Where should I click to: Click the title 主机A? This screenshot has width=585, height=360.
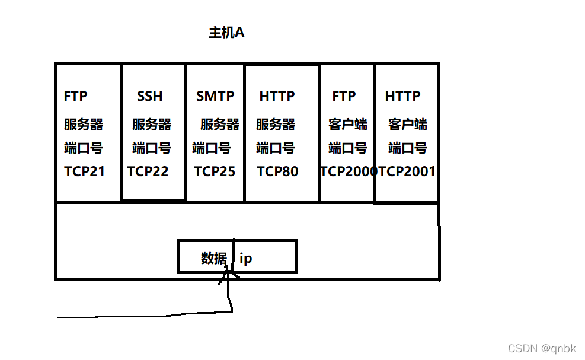226,33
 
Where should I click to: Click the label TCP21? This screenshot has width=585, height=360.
84,172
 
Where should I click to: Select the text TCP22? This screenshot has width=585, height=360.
148,172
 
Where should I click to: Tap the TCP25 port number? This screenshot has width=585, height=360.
215,172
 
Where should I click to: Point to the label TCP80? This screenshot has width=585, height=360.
277,172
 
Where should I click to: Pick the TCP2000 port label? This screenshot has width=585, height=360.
349,172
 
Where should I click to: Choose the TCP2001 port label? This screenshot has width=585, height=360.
407,172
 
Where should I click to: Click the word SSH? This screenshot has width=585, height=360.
149,96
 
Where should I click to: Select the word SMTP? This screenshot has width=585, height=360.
215,96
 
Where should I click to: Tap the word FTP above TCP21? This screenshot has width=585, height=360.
76,96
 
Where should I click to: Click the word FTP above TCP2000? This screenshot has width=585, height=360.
344,96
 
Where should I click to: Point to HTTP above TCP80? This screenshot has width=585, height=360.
277,96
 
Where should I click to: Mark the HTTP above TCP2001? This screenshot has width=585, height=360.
402,96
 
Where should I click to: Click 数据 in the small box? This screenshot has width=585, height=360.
213,259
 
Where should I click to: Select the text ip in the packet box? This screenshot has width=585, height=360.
245,259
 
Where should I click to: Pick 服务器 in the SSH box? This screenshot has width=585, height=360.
152,125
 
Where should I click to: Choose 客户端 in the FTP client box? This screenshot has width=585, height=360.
348,125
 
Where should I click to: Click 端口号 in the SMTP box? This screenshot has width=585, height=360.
212,148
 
